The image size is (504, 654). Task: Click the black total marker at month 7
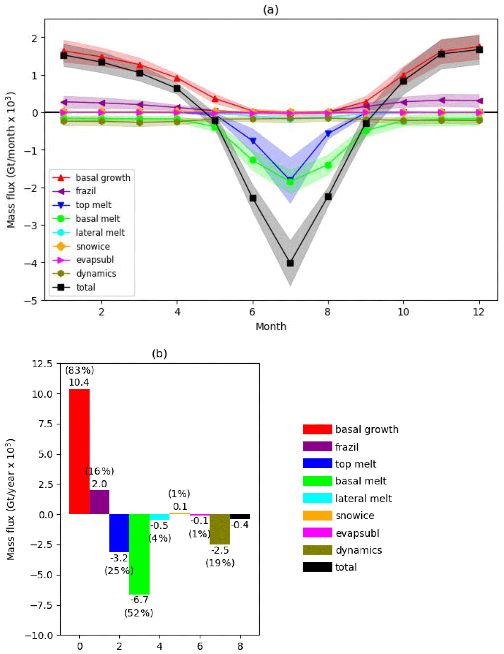(x=290, y=263)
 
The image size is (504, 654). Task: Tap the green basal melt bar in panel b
(x=139, y=554)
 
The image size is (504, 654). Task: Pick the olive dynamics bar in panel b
(x=220, y=529)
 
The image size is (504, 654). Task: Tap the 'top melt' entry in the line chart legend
(x=93, y=205)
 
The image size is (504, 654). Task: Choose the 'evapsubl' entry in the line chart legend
(x=95, y=260)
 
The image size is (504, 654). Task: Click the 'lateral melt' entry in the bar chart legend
(x=363, y=498)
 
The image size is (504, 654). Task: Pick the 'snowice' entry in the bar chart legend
(x=355, y=515)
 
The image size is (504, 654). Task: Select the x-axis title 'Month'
(x=271, y=326)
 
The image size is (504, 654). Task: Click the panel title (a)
(x=271, y=10)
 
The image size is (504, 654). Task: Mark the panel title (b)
(x=159, y=354)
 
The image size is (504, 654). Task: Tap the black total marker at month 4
(x=177, y=89)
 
